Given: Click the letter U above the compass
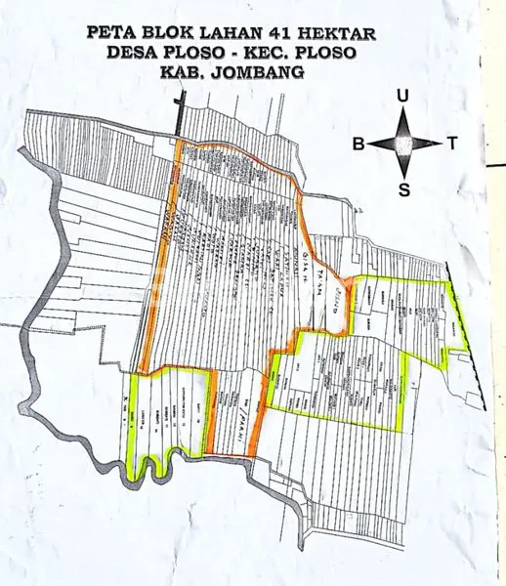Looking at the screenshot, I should coord(402,96).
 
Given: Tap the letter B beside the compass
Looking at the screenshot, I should coord(358,144).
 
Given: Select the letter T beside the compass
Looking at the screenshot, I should coord(452,144).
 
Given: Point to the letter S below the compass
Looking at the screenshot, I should coord(403,189).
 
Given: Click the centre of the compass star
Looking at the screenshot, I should coord(403,144).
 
